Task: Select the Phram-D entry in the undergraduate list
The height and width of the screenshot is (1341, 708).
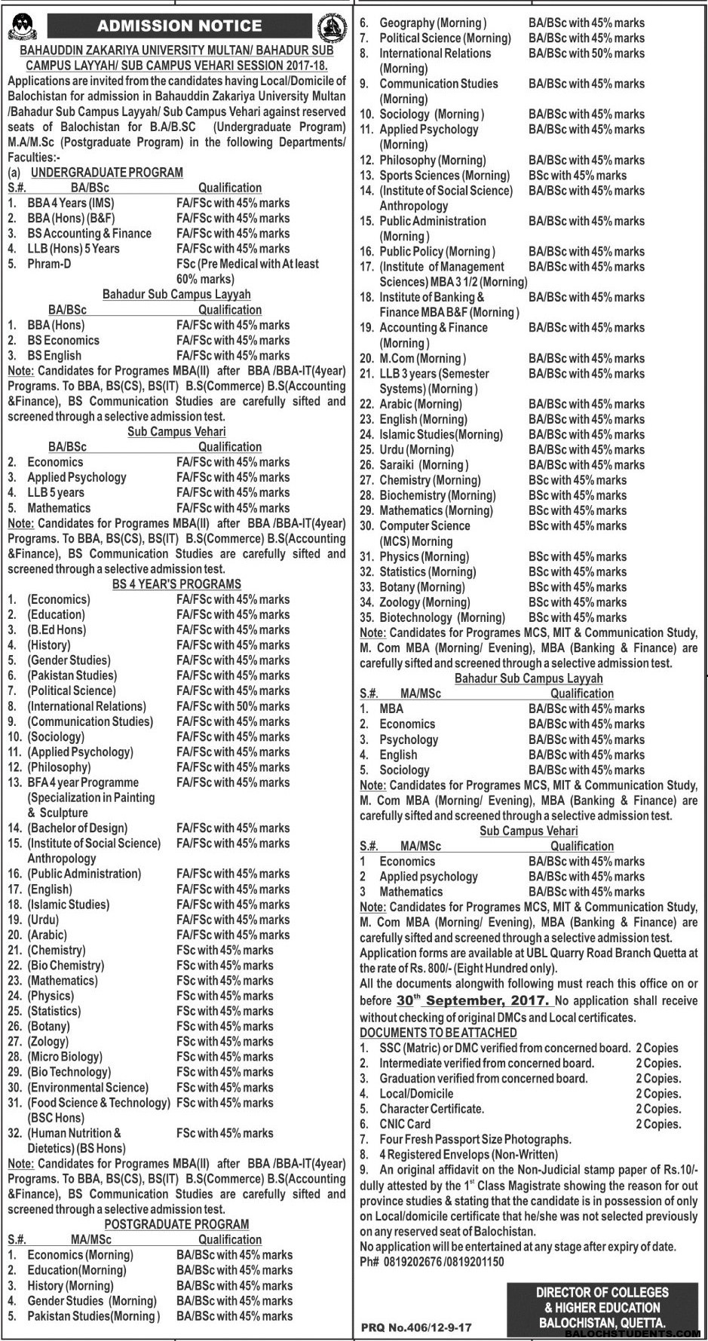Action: pos(53,264)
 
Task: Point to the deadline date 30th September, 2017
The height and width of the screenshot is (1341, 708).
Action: pos(472,1000)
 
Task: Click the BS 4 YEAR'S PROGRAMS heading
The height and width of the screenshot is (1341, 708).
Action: pos(176,584)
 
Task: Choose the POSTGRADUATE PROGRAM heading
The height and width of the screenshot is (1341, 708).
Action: pos(176,1224)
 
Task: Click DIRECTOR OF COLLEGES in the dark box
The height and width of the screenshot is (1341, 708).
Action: pos(602,1292)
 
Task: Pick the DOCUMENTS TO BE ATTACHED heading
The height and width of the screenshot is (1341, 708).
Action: pos(438,1033)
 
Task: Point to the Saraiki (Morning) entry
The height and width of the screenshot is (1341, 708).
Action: pos(424,465)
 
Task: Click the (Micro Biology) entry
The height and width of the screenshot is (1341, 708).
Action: pos(65,1057)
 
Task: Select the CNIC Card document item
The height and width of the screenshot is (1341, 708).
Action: pos(405,1124)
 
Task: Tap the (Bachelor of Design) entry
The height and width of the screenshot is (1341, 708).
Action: pos(78,828)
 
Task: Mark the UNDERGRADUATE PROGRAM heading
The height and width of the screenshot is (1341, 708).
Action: pos(107,173)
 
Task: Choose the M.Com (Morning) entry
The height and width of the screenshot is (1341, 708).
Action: pos(422,358)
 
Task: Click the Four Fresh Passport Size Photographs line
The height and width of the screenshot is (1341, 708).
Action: pos(475,1139)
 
